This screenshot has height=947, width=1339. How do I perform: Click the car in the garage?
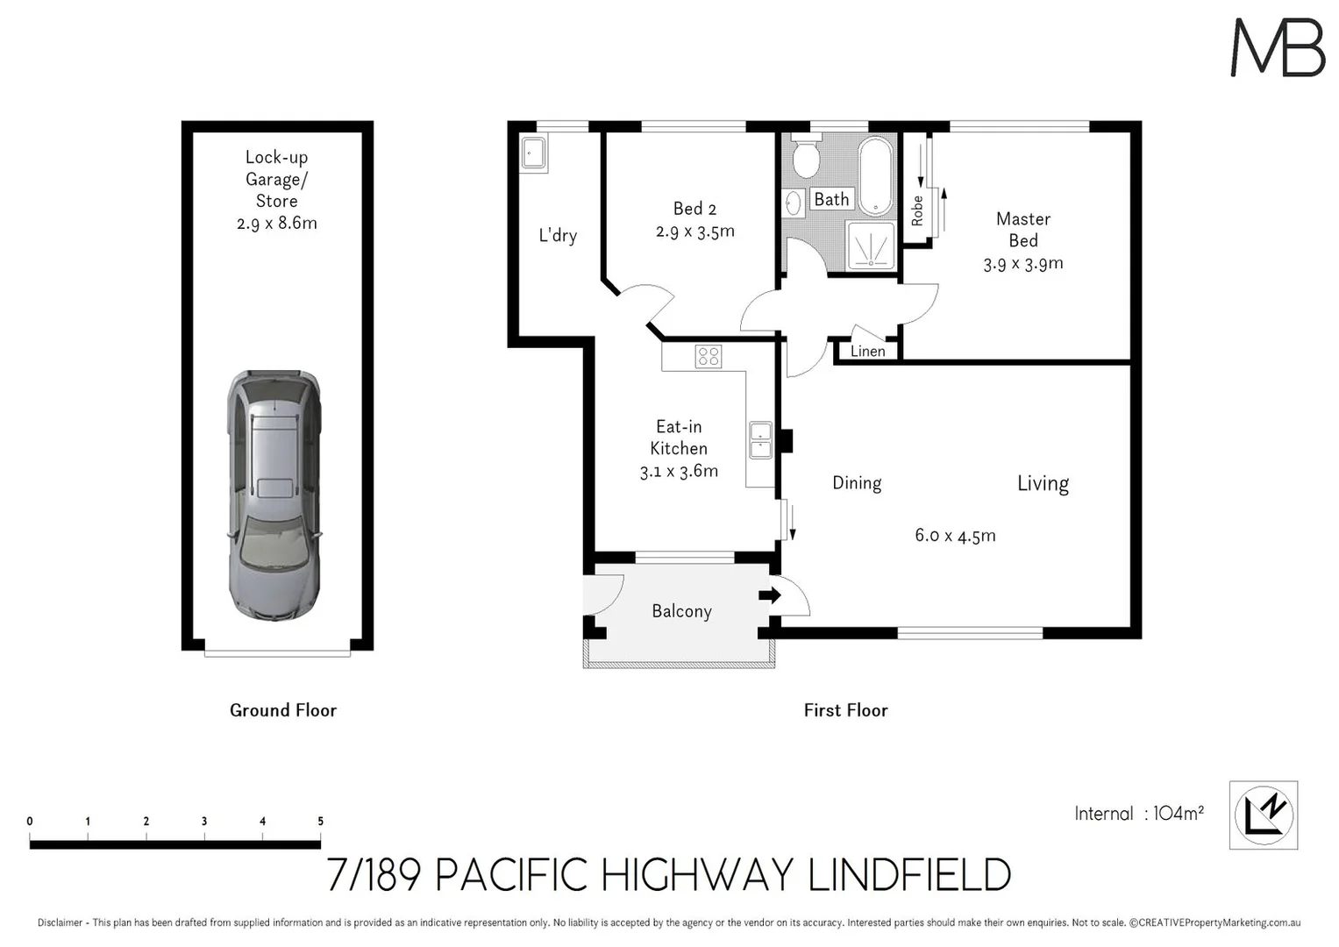coord(274,495)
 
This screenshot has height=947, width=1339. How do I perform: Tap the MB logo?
coord(1278,48)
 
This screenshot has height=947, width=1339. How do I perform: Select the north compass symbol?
coord(1264,815)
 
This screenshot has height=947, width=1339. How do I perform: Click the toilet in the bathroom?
coord(805,160)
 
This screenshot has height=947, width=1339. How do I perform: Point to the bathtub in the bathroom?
coord(875,175)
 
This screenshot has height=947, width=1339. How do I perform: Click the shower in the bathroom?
coord(871,246)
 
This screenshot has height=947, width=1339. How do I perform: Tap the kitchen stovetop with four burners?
coord(709,356)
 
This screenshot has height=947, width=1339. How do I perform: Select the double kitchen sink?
coord(760,440)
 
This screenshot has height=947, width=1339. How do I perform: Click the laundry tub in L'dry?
coord(533,154)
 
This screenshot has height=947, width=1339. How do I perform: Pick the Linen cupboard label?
coord(867,352)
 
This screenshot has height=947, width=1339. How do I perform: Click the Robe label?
coord(917,210)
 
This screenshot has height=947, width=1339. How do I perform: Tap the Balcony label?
coord(681,611)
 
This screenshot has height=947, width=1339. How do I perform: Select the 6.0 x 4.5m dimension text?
coord(955,536)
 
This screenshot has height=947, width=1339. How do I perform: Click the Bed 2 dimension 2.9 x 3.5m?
coord(694,232)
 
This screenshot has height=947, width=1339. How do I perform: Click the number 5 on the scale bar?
coord(320,822)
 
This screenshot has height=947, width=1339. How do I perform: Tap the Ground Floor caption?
coord(282,710)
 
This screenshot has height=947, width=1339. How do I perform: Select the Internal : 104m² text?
coord(1138,814)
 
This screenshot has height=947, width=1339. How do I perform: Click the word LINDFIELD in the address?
coord(908,875)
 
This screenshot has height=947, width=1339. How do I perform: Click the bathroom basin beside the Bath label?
coord(794,203)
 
